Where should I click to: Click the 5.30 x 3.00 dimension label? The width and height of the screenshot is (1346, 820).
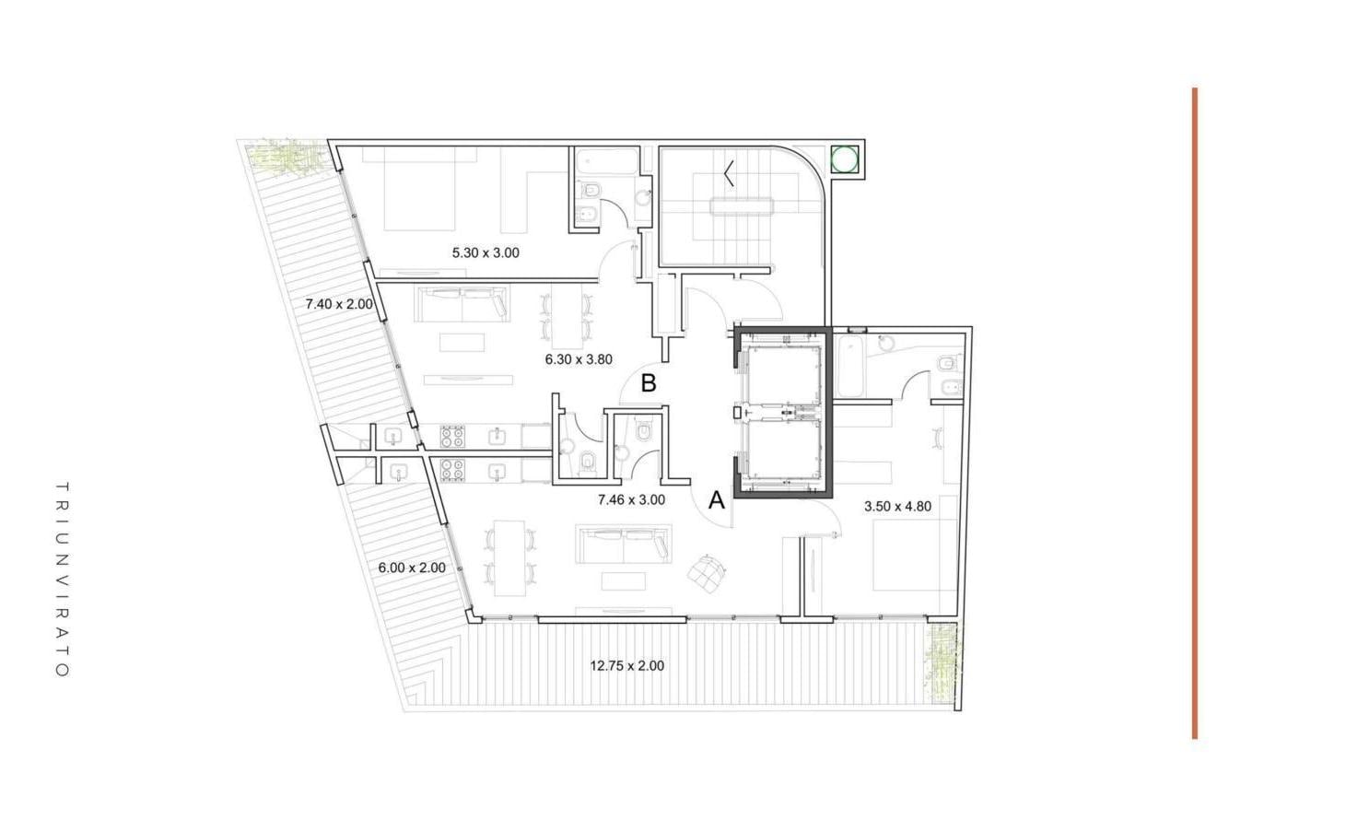[486, 252]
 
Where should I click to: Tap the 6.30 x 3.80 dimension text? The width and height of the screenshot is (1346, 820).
[579, 360]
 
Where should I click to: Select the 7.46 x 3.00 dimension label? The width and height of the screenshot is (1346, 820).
[631, 499]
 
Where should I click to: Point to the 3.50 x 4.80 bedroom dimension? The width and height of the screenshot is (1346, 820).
[897, 507]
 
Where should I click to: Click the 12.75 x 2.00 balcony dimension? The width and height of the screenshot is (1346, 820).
[626, 666]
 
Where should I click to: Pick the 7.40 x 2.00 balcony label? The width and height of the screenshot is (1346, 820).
[339, 304]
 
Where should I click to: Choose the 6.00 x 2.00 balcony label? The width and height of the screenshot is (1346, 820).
[412, 568]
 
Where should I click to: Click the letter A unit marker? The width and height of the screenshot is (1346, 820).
[716, 499]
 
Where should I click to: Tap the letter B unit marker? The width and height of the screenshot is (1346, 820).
[649, 383]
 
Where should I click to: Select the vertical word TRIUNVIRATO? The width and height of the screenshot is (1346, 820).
[63, 580]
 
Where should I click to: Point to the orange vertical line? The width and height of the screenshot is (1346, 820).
[1195, 414]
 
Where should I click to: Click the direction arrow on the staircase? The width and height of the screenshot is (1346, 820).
[730, 173]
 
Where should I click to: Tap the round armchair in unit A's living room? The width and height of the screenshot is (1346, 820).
[708, 573]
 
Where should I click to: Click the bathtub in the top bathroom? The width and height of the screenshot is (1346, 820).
[606, 161]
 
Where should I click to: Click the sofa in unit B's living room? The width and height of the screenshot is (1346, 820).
[462, 303]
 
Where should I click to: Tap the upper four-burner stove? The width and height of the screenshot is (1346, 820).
[452, 437]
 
